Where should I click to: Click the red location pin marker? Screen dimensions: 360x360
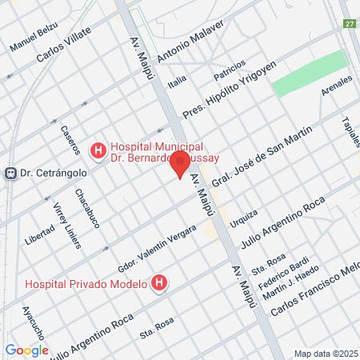[x=181, y=164]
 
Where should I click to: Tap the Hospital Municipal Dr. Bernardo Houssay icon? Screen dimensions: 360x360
[x=98, y=150]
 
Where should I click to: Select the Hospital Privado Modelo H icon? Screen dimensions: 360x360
[x=161, y=283]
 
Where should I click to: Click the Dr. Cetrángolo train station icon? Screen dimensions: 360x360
[x=11, y=171]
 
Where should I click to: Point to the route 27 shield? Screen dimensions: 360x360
[x=350, y=24]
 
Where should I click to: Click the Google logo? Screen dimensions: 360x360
[x=26, y=350]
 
